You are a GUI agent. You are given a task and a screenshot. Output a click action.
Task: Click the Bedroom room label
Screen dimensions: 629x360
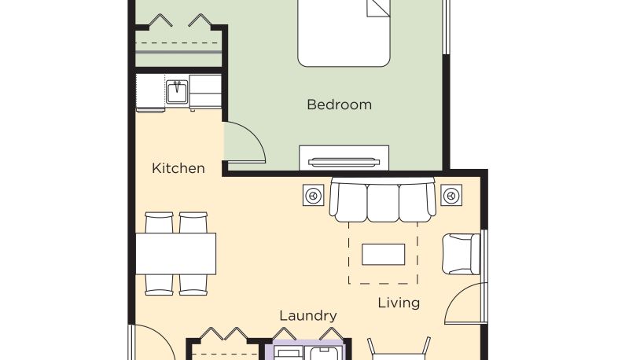(x=340, y=105)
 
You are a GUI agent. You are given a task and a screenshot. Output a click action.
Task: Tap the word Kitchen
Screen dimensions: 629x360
(x=178, y=168)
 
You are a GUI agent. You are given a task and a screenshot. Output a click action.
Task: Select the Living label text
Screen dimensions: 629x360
(x=399, y=303)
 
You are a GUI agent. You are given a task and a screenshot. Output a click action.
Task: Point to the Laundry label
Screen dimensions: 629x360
(x=308, y=316)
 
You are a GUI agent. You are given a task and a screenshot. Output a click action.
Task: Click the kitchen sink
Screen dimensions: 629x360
(x=177, y=92)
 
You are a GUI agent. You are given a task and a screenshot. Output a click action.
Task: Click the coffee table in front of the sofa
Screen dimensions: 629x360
(x=383, y=254)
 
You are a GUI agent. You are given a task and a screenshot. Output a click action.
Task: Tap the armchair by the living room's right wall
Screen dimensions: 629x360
(x=461, y=254)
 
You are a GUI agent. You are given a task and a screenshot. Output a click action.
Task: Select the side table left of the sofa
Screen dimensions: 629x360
(x=313, y=195)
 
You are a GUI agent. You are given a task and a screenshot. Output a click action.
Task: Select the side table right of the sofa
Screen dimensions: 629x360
(x=451, y=195)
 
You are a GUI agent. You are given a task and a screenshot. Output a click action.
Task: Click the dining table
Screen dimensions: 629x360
(x=175, y=254)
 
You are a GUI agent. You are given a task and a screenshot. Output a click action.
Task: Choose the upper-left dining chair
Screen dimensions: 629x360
(x=159, y=222)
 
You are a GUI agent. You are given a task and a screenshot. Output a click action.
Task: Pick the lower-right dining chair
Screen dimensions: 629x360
(x=193, y=285)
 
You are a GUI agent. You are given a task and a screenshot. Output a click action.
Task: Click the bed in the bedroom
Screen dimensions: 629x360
(x=344, y=33)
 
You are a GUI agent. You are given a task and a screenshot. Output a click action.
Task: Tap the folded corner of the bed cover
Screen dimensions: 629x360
(x=378, y=9)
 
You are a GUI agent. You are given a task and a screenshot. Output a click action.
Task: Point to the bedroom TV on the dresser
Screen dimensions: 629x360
(x=344, y=162)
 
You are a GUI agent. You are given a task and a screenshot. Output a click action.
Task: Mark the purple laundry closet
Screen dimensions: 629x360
(x=307, y=350)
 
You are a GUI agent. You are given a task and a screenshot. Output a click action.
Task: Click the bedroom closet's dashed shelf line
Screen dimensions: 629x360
(x=178, y=43)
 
